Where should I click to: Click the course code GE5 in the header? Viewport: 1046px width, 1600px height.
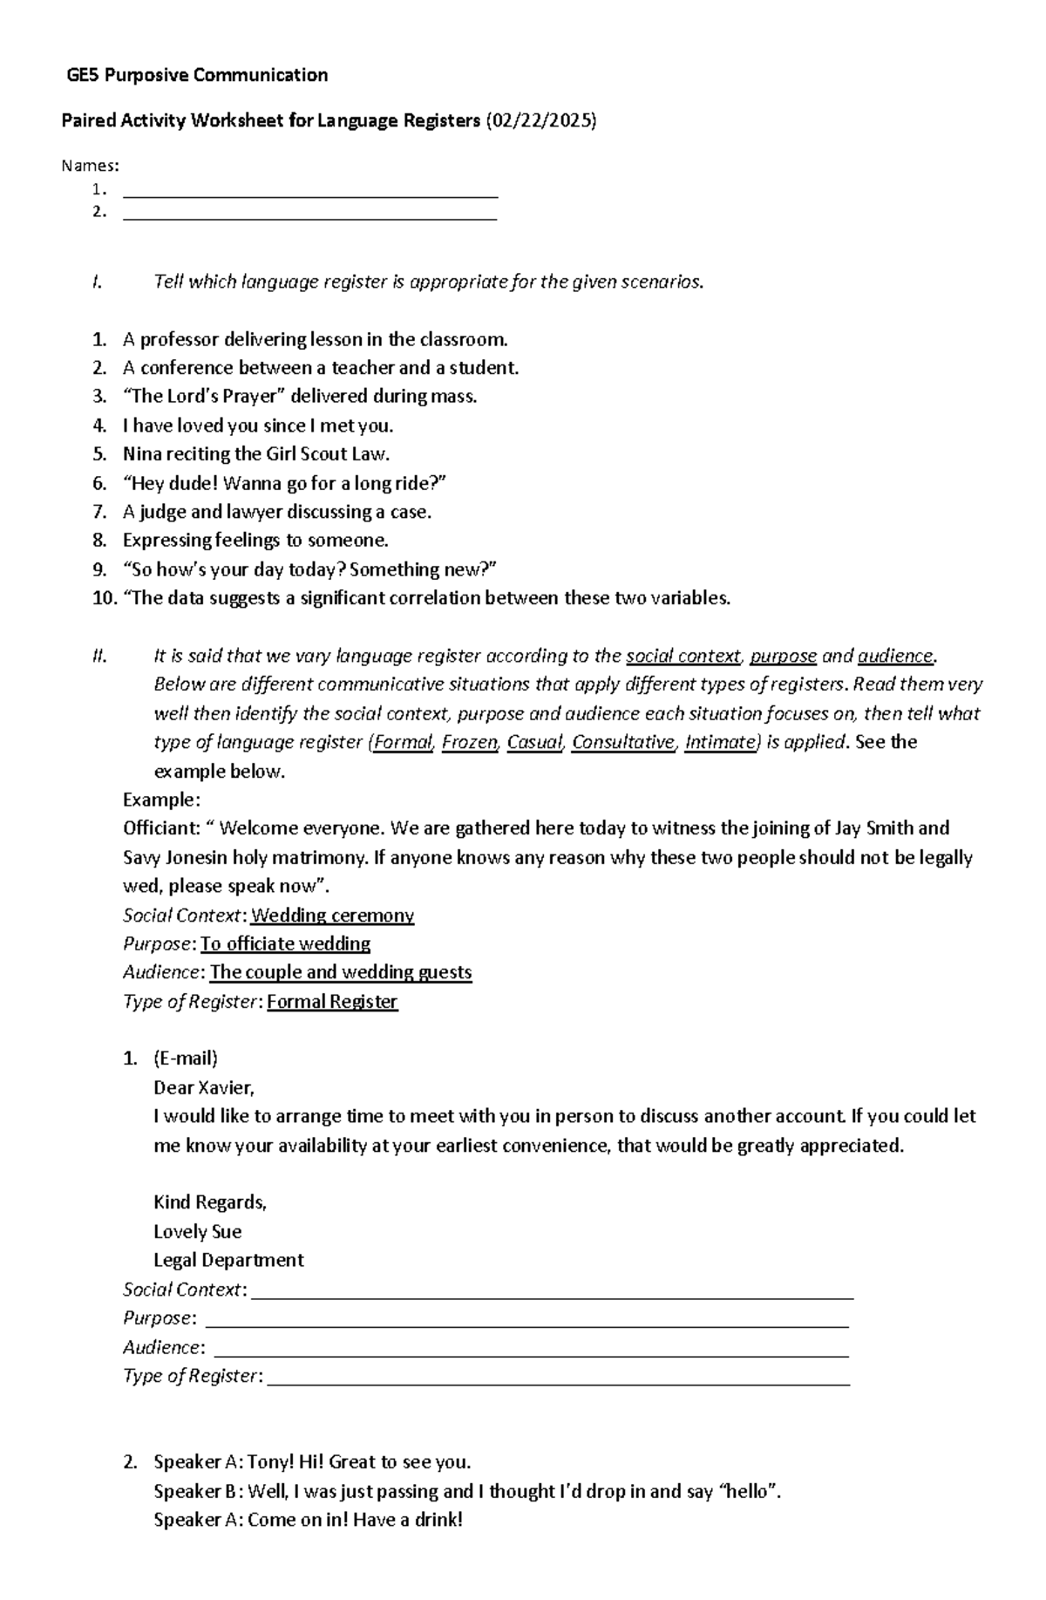point(84,75)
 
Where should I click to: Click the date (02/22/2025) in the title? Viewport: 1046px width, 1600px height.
point(540,120)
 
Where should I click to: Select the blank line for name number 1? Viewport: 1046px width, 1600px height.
point(310,195)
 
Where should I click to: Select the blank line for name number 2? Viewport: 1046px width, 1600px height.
point(310,217)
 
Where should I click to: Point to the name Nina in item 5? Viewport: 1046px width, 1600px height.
point(141,454)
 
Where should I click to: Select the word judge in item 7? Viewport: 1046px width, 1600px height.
point(162,512)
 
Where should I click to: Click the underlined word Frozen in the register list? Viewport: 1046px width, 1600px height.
point(470,742)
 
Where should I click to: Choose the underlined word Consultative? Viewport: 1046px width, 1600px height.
point(622,742)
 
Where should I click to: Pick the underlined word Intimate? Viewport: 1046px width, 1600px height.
point(720,742)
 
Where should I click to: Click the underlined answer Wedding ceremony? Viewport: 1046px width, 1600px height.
point(332,916)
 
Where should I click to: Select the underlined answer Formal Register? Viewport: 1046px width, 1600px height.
point(332,1002)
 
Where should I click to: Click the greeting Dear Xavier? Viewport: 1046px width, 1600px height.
point(203,1087)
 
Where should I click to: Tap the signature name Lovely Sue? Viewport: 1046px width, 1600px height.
point(197,1232)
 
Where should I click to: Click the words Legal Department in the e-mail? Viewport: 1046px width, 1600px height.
point(228,1261)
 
